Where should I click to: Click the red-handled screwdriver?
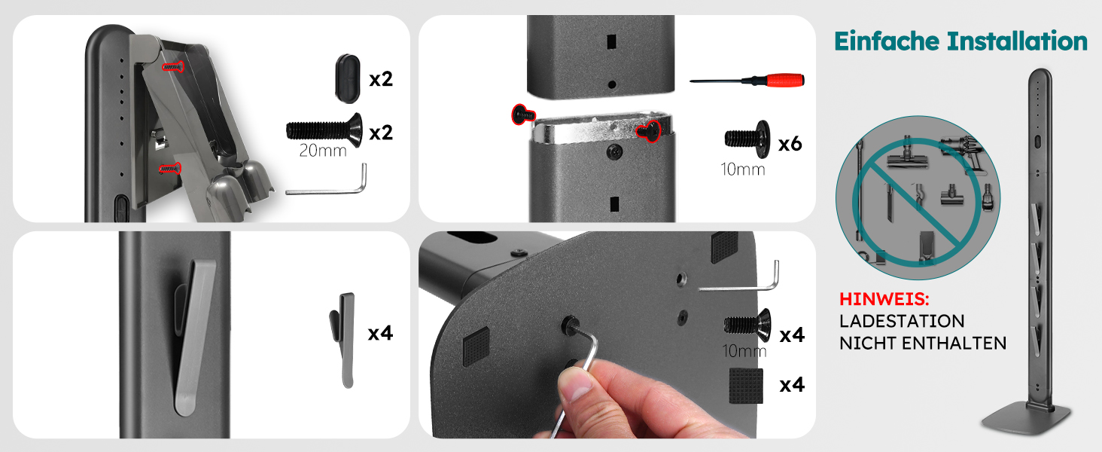(x=747, y=80)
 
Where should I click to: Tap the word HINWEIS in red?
(x=884, y=299)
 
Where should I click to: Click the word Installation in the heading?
(x=1017, y=41)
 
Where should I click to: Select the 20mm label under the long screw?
(x=323, y=150)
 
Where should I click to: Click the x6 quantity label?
(x=790, y=144)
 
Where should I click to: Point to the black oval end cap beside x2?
(x=349, y=79)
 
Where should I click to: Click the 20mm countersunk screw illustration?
(x=324, y=130)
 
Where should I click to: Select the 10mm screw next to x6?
(x=747, y=139)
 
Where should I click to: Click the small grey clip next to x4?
(x=343, y=340)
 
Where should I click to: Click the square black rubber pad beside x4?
(x=746, y=386)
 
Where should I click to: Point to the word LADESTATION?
(x=902, y=321)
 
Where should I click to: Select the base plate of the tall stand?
(x=1026, y=419)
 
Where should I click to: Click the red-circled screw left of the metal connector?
(x=523, y=115)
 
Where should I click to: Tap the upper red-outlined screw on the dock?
(x=173, y=66)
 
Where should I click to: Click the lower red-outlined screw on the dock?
(x=170, y=169)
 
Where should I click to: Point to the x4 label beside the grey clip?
(x=380, y=333)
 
